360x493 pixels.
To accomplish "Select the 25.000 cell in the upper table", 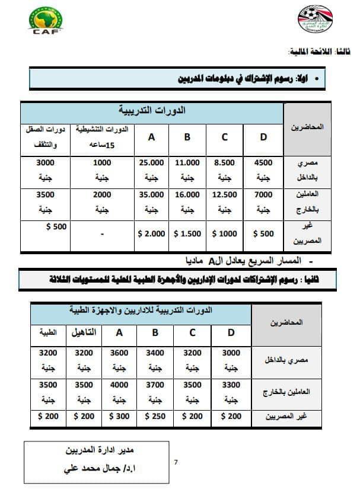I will (x=151, y=168).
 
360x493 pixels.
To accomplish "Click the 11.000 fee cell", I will (x=187, y=168).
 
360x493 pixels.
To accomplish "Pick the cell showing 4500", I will (x=263, y=168).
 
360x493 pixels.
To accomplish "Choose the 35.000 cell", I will (x=151, y=201).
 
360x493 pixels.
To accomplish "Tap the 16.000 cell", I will (x=187, y=201).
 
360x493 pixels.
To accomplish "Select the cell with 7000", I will (x=263, y=201).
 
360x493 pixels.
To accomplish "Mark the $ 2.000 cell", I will (x=151, y=234).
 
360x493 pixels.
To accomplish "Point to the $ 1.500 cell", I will (x=187, y=234).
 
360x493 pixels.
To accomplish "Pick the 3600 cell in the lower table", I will (x=119, y=360).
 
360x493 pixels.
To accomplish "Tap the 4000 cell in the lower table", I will (x=119, y=392).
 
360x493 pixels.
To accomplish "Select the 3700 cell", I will (x=155, y=392).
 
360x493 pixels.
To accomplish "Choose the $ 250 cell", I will (x=155, y=417).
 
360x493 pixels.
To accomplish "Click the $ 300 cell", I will (x=119, y=417).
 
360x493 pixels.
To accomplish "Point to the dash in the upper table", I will (x=102, y=235).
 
